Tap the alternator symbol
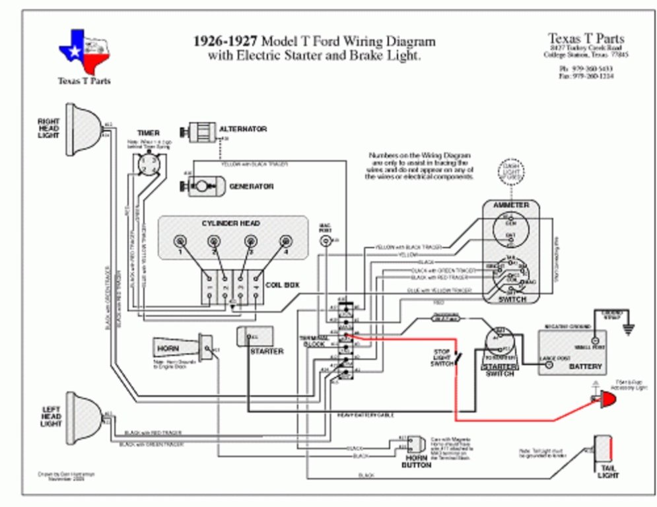[199, 130]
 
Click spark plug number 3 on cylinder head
[250, 242]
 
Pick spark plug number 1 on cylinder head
[178, 242]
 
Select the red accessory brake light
[605, 399]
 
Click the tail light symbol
[604, 449]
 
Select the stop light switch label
[442, 356]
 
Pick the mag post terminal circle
[325, 240]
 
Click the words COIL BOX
[283, 285]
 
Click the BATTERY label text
[585, 366]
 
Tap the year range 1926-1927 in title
[225, 41]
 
